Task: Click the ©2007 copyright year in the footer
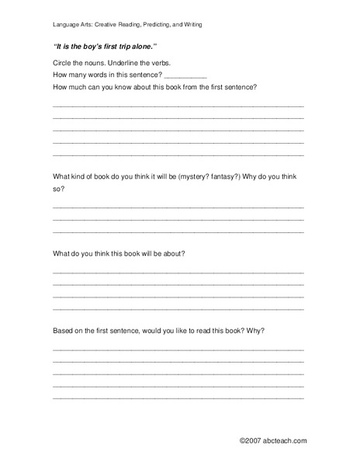tap(251, 441)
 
